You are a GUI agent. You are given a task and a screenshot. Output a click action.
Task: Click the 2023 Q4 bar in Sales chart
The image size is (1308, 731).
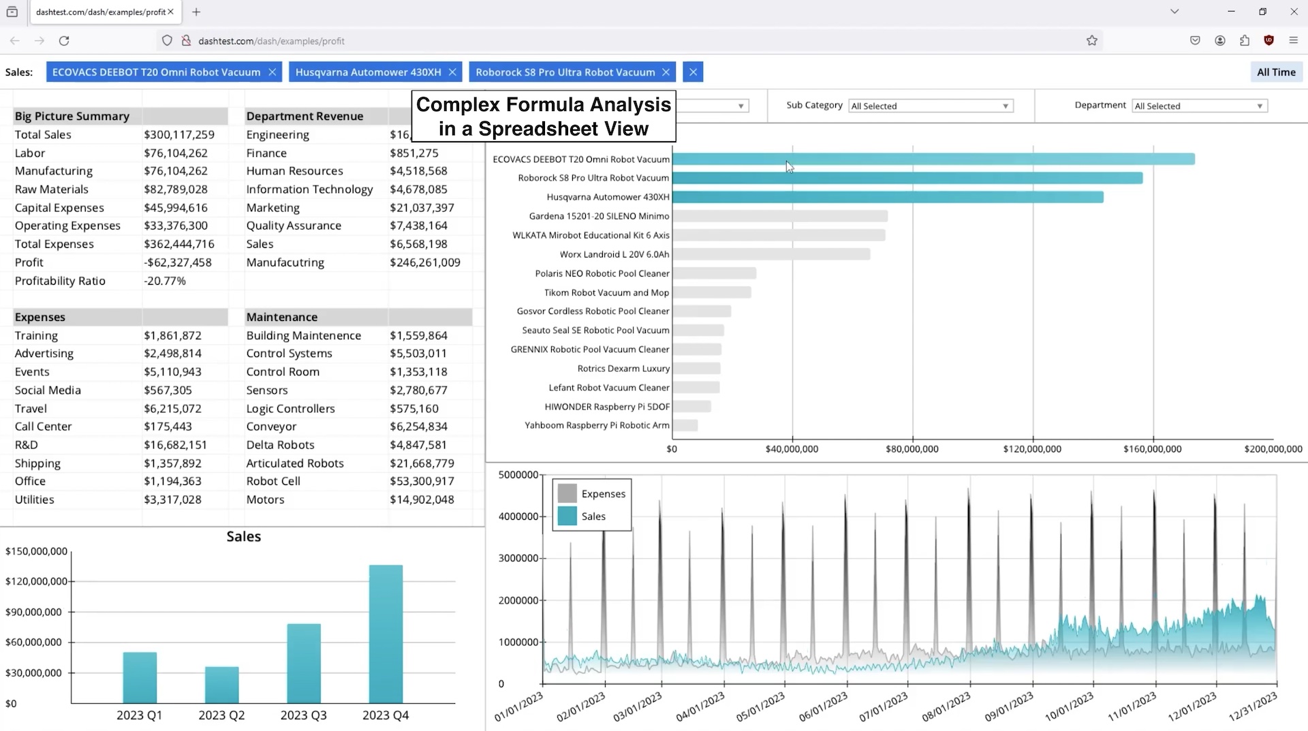tap(386, 634)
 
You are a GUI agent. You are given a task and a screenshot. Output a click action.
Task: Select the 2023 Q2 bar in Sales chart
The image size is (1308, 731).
tap(221, 685)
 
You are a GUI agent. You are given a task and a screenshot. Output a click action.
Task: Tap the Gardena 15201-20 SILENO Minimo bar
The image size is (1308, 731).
tap(780, 216)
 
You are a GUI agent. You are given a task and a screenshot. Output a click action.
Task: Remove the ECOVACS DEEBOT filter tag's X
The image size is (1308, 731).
tap(272, 72)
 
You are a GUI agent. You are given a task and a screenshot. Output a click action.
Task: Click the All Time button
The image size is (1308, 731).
tap(1275, 72)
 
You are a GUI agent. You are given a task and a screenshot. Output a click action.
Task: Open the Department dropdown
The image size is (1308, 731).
tap(1199, 106)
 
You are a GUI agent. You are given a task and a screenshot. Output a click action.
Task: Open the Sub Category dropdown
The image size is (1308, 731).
tap(931, 106)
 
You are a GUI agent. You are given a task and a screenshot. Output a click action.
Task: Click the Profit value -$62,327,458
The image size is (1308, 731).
tap(178, 262)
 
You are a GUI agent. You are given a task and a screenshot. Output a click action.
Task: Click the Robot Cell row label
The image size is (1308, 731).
tap(273, 481)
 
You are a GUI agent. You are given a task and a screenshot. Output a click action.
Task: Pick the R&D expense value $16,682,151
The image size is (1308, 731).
tap(175, 445)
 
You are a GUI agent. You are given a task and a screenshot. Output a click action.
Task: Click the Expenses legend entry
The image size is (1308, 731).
tap(603, 494)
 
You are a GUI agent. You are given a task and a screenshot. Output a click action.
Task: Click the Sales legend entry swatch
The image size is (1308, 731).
tap(567, 516)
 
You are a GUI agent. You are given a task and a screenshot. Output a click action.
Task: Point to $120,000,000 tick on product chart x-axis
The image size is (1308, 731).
tap(1031, 449)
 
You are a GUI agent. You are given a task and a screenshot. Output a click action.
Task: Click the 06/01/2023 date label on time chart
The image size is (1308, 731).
tap(824, 707)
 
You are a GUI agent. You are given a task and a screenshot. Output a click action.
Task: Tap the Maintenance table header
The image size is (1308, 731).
tap(282, 317)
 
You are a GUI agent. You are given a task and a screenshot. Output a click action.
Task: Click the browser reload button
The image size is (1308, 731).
tap(64, 41)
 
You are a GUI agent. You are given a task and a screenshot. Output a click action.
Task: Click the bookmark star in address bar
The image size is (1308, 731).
tap(1092, 41)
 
